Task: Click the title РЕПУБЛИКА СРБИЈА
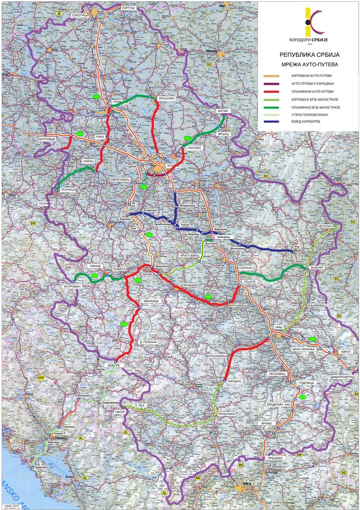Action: click(x=308, y=56)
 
